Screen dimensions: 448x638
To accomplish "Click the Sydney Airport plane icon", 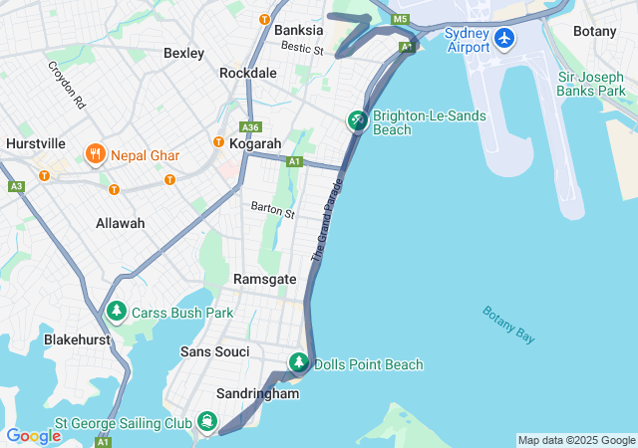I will point(504,38).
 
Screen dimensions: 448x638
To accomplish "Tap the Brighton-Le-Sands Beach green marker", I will point(357,121).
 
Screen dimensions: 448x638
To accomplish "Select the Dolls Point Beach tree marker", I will point(298,363).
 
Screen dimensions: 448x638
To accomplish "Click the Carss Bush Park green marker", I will point(117,312).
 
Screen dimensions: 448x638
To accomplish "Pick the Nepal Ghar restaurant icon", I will point(96,154).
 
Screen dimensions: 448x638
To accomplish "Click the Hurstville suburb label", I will point(35,143).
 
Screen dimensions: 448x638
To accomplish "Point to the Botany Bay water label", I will point(508,325).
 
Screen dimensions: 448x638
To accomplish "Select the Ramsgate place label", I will point(264,280).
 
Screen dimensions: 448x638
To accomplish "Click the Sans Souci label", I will point(215,352).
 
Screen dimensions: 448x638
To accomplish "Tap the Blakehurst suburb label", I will point(76,339).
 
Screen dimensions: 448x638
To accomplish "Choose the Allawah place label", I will point(120,223).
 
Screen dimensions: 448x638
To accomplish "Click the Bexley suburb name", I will point(183,53).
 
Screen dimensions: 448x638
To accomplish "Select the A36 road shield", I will point(251,126).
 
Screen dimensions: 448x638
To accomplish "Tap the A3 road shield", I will point(16,186).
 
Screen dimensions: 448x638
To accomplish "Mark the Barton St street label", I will point(273,212).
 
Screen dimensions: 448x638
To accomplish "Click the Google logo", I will point(33,435).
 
